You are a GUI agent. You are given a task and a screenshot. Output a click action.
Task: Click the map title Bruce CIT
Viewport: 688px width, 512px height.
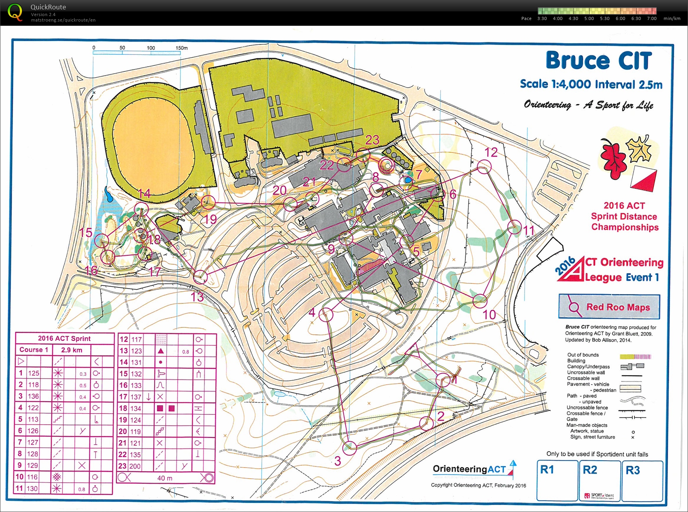pyautogui.click(x=598, y=61)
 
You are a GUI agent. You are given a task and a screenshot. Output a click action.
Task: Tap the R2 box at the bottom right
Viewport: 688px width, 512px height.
pyautogui.click(x=599, y=481)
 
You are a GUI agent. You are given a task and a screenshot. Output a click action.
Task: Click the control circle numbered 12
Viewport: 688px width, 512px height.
pyautogui.click(x=484, y=167)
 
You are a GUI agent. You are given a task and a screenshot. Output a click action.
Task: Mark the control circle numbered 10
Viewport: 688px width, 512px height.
pyautogui.click(x=479, y=301)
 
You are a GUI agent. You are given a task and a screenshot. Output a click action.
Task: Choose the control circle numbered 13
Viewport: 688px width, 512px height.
pyautogui.click(x=200, y=277)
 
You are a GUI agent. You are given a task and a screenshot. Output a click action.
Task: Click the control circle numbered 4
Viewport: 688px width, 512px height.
pyautogui.click(x=326, y=314)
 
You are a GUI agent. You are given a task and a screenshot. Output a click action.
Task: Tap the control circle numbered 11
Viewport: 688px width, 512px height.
pyautogui.click(x=514, y=227)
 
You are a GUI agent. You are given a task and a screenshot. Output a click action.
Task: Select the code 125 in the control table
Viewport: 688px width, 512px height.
pyautogui.click(x=34, y=373)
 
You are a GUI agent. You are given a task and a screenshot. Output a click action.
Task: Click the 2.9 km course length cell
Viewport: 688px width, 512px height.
pyautogui.click(x=72, y=350)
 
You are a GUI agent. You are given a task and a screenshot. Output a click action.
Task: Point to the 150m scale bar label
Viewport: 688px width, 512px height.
pyautogui.click(x=182, y=48)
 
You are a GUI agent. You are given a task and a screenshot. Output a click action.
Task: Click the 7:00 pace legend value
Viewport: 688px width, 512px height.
pyautogui.click(x=652, y=18)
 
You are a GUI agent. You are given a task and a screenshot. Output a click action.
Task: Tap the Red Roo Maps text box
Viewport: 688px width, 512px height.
pyautogui.click(x=609, y=307)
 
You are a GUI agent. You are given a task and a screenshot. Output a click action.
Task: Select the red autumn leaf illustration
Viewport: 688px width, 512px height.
pyautogui.click(x=613, y=159)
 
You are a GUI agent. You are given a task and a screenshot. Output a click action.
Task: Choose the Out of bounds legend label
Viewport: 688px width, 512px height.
pyautogui.click(x=583, y=355)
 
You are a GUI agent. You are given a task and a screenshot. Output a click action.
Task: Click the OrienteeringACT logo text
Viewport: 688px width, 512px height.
pyautogui.click(x=469, y=469)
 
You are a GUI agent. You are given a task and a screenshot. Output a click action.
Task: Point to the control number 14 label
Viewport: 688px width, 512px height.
pyautogui.click(x=144, y=193)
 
